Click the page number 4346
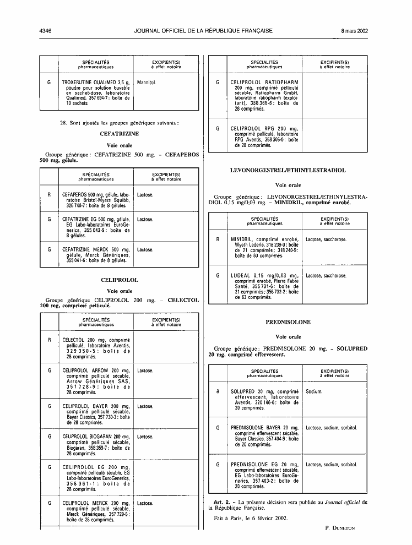[46, 31]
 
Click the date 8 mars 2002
[354, 31]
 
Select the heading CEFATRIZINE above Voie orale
[120, 134]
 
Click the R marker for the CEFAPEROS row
[49, 195]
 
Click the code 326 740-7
[76, 206]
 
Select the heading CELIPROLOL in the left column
[120, 280]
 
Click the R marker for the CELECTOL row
[50, 340]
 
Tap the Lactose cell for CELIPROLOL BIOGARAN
[145, 437]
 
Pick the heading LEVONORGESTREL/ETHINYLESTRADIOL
[288, 170]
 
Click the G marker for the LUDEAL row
[218, 276]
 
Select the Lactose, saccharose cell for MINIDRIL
[326, 239]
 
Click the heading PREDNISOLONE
[288, 322]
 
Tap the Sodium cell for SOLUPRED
[314, 392]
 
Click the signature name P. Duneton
[340, 528]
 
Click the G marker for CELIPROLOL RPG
[218, 129]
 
